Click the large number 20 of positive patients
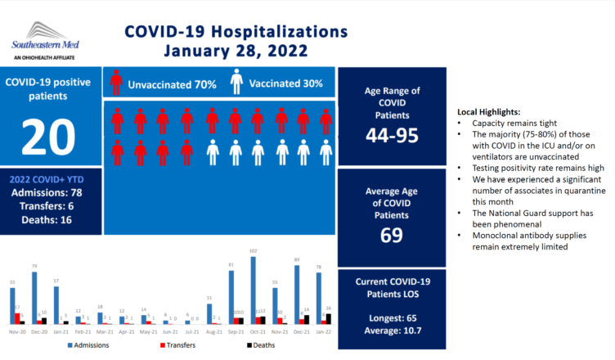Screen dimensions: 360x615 [x=51, y=137]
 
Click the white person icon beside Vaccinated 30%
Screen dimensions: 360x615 [x=236, y=83]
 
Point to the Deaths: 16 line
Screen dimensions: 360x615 [x=51, y=220]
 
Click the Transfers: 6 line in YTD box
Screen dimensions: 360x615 [x=51, y=205]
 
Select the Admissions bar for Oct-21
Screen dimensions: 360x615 [x=254, y=290]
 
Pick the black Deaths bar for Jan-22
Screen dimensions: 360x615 [x=329, y=318]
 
